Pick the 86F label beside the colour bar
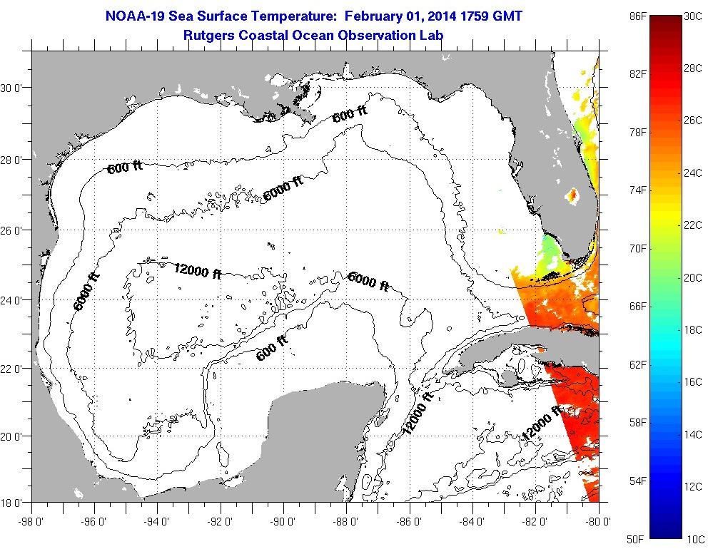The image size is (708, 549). click(x=637, y=15)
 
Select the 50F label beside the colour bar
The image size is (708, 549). click(x=637, y=538)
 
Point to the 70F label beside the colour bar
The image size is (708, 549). click(x=637, y=248)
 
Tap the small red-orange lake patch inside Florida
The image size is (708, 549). click(x=572, y=194)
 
